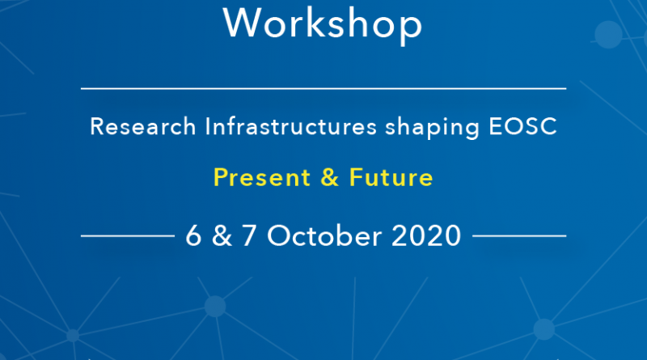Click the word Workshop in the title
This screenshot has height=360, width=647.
[323, 24]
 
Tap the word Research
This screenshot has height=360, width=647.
[143, 126]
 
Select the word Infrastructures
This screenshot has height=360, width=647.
[291, 126]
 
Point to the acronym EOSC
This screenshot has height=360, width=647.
[522, 126]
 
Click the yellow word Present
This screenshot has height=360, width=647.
[262, 177]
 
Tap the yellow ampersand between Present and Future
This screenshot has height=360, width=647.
[330, 177]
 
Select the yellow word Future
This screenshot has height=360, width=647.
[391, 177]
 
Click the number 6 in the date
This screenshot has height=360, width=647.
[193, 235]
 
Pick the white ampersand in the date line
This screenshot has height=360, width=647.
[222, 235]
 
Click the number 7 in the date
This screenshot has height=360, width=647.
[249, 235]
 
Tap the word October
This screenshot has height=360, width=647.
[324, 235]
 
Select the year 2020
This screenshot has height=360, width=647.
[426, 235]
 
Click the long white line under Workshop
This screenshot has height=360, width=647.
[323, 88]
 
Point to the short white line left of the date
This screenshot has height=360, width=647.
[128, 235]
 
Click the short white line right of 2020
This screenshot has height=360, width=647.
[519, 235]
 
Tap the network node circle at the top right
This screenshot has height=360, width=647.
[608, 35]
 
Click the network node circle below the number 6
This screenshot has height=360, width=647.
[215, 307]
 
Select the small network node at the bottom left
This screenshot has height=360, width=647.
[73, 336]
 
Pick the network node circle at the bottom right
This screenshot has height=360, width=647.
[544, 329]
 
